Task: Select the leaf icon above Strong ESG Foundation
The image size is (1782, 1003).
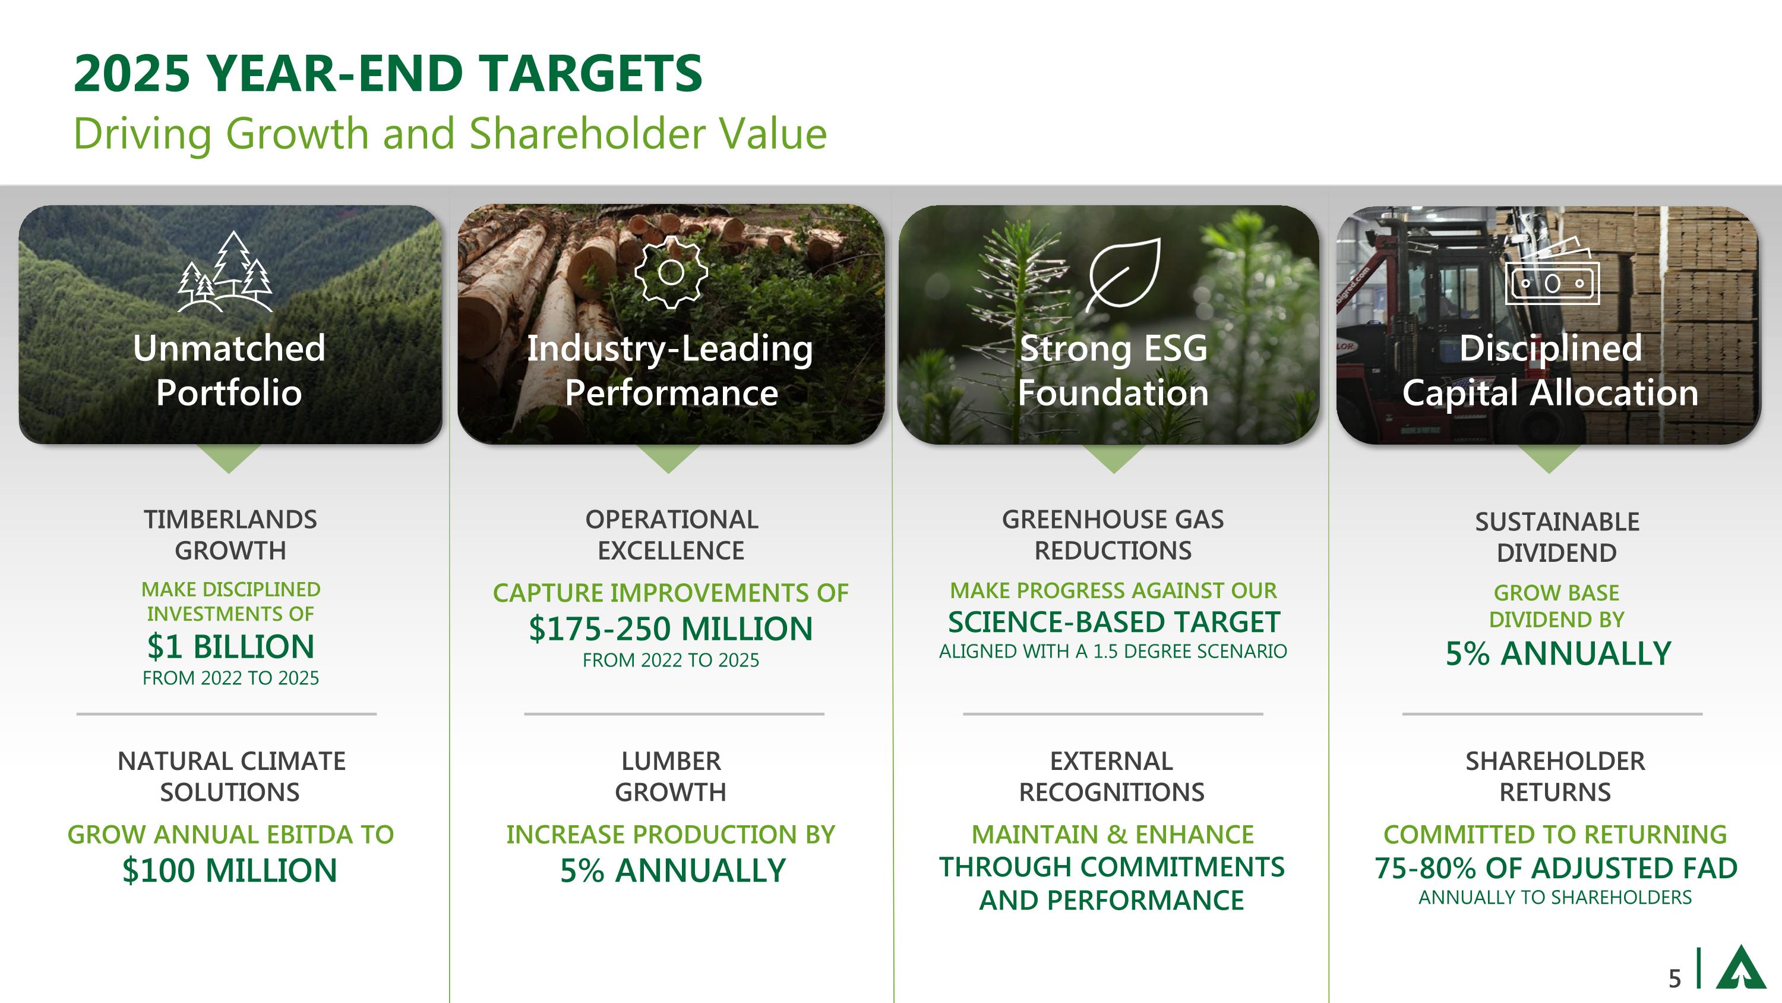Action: (1123, 274)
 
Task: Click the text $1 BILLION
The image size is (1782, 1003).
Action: (231, 646)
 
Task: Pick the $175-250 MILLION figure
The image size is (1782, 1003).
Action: (670, 628)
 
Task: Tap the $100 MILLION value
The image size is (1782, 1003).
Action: (230, 870)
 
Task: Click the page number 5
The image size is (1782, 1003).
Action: (1674, 978)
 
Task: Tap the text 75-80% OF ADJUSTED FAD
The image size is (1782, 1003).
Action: (1556, 868)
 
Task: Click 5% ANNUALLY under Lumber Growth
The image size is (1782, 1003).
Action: (672, 870)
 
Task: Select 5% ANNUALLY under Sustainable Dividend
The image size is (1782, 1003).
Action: (1558, 653)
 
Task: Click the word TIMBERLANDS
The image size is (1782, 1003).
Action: (230, 519)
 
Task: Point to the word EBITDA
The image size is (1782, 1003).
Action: (304, 834)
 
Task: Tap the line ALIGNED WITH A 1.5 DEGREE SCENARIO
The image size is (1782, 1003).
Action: (1113, 652)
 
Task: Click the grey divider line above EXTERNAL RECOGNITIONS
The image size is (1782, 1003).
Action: (1113, 713)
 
